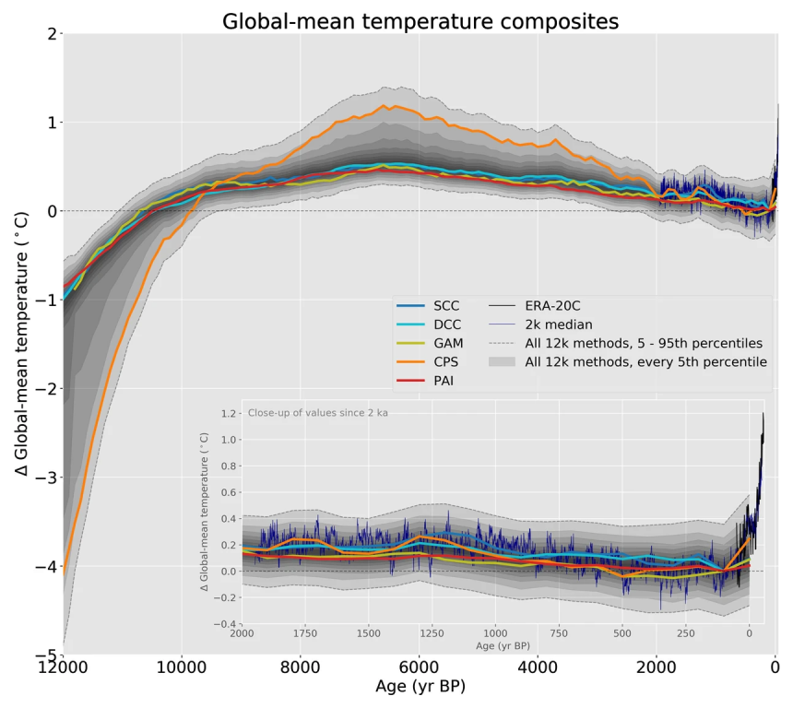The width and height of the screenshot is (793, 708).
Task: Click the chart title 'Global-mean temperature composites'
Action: coord(420,21)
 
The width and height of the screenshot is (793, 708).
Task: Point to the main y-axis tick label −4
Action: coord(41,566)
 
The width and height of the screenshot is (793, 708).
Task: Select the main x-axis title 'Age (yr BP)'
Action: coord(420,687)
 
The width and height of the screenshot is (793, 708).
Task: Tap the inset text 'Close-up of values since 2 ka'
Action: coord(317,412)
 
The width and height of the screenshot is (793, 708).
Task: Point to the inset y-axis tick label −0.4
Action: coord(224,625)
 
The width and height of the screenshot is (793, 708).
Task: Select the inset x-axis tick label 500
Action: coord(621,635)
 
